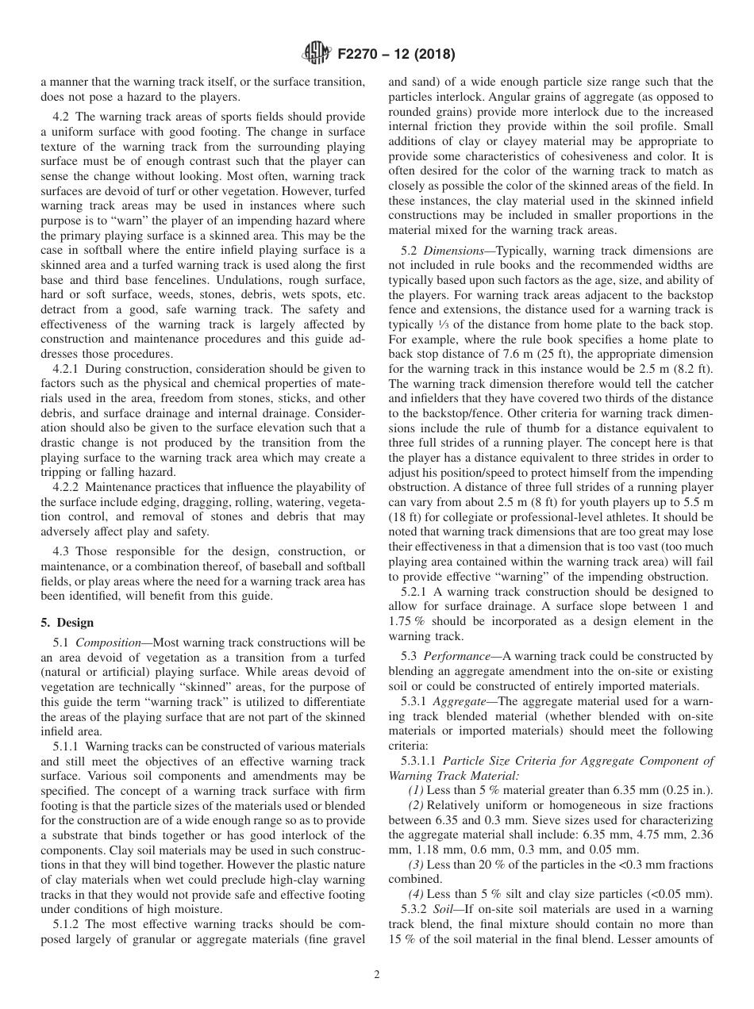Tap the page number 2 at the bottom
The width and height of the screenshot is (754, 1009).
[377, 975]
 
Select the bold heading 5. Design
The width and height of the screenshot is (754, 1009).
[67, 623]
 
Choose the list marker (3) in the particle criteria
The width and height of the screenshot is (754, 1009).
[416, 865]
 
